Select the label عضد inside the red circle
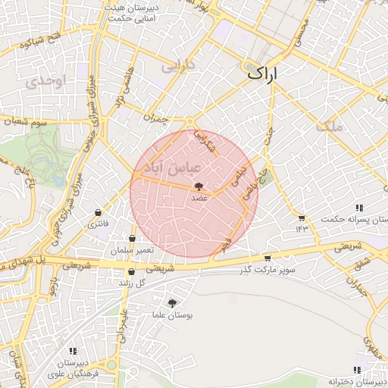pyautogui.click(x=199, y=197)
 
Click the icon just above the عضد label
pyautogui.click(x=199, y=186)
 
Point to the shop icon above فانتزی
pyautogui.click(x=98, y=213)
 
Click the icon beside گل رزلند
pyautogui.click(x=132, y=271)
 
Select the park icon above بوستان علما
pyautogui.click(x=172, y=303)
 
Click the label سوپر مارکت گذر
pyautogui.click(x=268, y=270)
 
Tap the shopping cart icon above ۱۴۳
pyautogui.click(x=302, y=217)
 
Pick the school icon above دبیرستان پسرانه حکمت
pyautogui.click(x=358, y=208)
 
